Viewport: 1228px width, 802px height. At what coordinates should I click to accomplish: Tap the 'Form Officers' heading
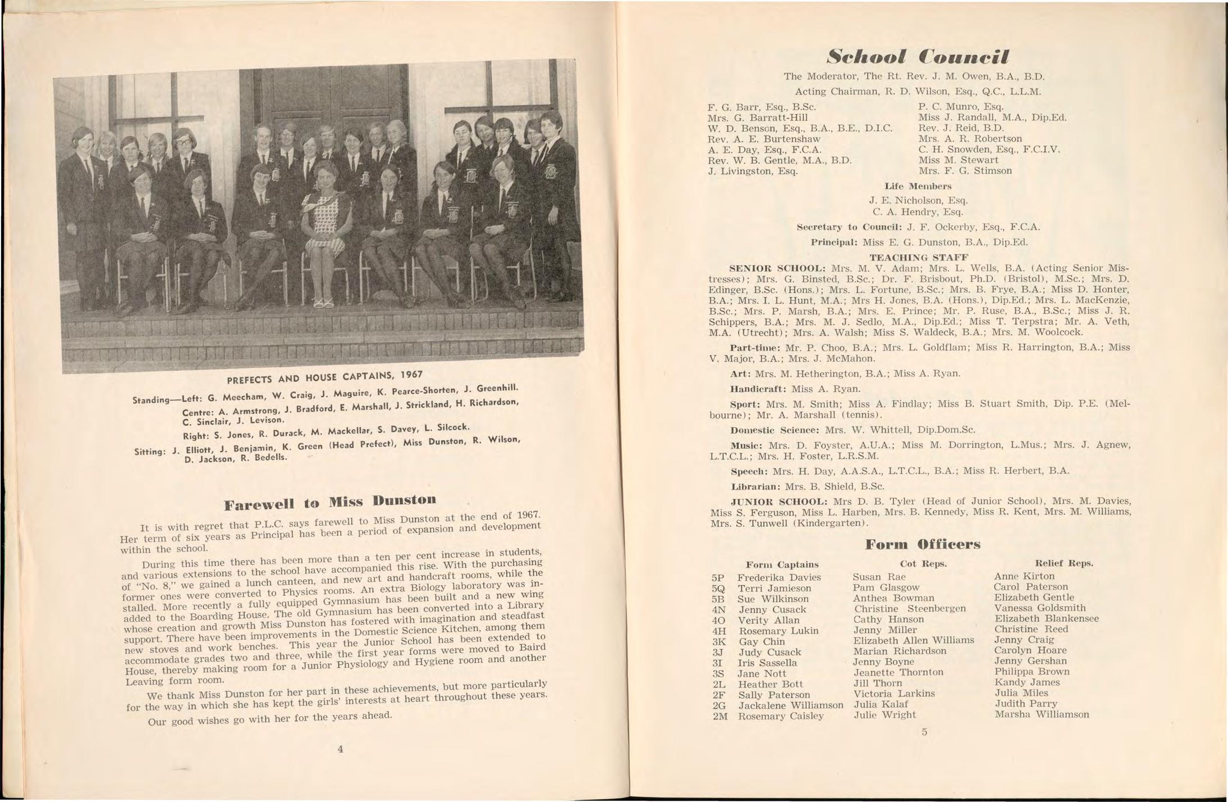pos(923,544)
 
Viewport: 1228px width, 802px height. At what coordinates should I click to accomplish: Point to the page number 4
pos(340,749)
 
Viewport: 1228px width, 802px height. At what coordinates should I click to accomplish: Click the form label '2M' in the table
pos(720,717)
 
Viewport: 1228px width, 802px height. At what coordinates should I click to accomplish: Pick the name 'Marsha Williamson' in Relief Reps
pos(1042,714)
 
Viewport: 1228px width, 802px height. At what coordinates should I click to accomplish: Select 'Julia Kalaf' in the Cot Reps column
pos(881,704)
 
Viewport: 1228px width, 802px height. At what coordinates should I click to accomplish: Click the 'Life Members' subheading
pos(918,186)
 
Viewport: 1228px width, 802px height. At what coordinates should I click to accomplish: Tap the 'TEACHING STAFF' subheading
pos(918,257)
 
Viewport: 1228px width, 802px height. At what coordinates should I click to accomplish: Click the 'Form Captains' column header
pos(782,564)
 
